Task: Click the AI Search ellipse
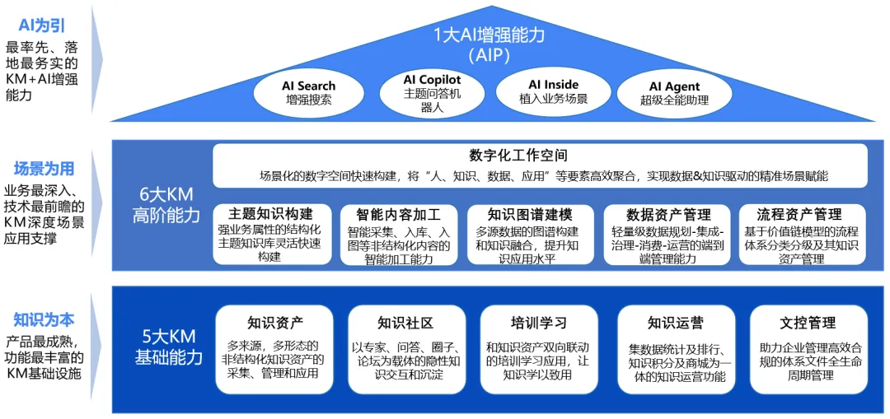(308, 93)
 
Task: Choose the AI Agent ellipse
(674, 93)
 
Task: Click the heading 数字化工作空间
(518, 156)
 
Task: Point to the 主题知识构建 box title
(270, 214)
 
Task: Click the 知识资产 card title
(274, 323)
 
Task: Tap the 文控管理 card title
(807, 323)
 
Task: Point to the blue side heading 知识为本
(44, 319)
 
